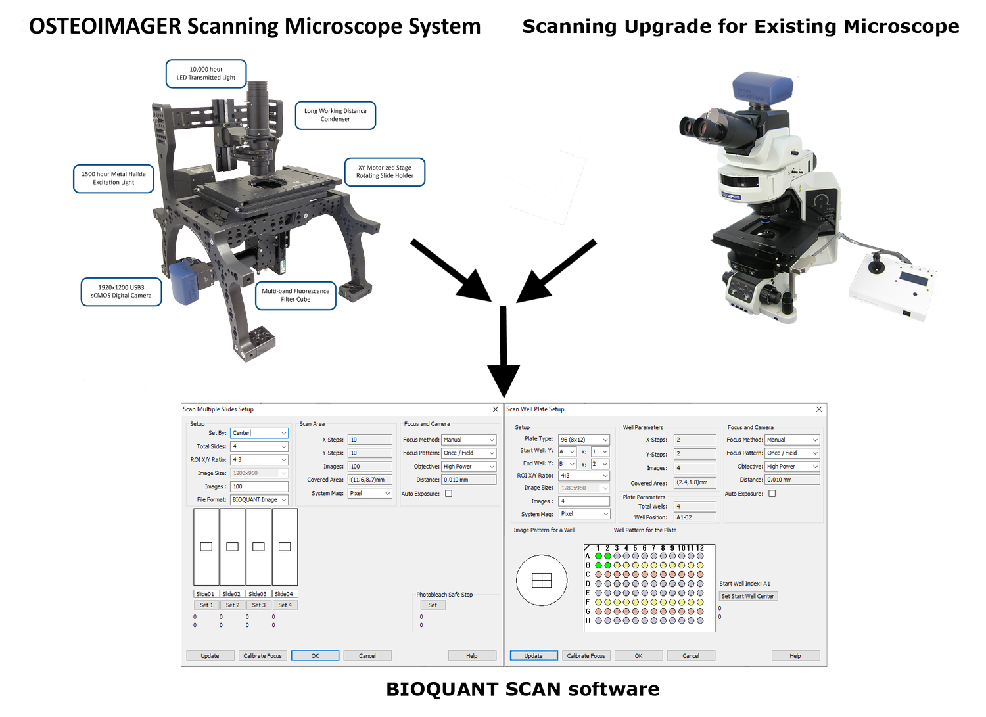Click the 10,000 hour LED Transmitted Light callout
pos(206,74)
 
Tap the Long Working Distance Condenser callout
pos(335,115)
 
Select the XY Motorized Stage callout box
pos(385,172)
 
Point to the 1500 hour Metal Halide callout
pos(114,178)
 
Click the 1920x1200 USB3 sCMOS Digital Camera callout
pos(121,291)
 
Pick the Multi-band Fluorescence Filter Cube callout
pos(295,295)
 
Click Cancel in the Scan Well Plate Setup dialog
pos(690,655)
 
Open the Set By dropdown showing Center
pos(259,433)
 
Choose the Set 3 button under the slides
pos(259,605)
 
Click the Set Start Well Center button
pos(748,596)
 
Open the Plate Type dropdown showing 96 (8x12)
pos(584,440)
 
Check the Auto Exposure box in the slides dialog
pos(448,494)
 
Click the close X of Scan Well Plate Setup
pos(818,409)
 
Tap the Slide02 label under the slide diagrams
pos(231,594)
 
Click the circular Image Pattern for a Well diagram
pos(542,580)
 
